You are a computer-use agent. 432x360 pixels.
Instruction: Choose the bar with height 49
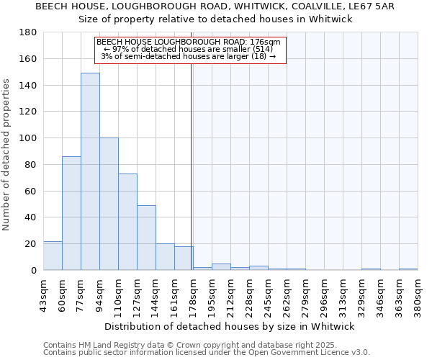pyautogui.click(x=146, y=238)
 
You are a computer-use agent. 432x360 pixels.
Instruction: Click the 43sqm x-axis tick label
pyautogui.click(x=43, y=294)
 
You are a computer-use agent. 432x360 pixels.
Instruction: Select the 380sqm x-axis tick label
pyautogui.click(x=418, y=294)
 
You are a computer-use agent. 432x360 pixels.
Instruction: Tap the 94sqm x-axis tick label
pyautogui.click(x=99, y=294)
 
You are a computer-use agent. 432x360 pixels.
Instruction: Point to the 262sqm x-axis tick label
pyautogui.click(x=287, y=294)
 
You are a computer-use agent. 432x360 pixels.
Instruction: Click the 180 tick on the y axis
pyautogui.click(x=28, y=32)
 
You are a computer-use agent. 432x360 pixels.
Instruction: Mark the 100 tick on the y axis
pyautogui.click(x=28, y=138)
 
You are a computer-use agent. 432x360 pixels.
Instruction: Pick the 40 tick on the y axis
pyautogui.click(x=31, y=217)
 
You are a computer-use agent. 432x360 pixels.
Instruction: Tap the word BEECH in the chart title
pyautogui.click(x=51, y=6)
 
